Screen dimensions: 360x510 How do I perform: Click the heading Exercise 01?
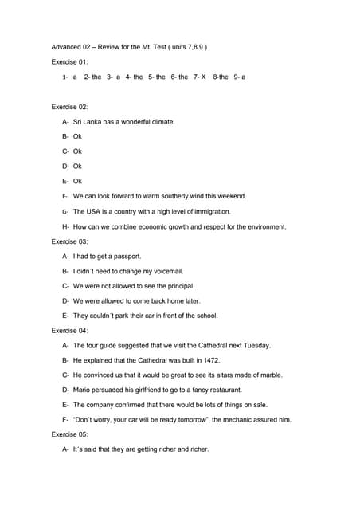point(69,61)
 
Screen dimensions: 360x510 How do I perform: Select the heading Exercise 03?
point(69,241)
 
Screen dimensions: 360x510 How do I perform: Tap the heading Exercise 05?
point(69,434)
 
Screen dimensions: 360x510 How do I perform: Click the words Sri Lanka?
point(90,122)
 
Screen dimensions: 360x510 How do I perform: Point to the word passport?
point(126,257)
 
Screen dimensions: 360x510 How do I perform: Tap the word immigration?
point(209,211)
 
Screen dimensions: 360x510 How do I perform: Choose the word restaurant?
point(216,390)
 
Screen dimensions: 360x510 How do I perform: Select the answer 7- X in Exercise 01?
point(199,77)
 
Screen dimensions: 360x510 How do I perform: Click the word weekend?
point(230,196)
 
